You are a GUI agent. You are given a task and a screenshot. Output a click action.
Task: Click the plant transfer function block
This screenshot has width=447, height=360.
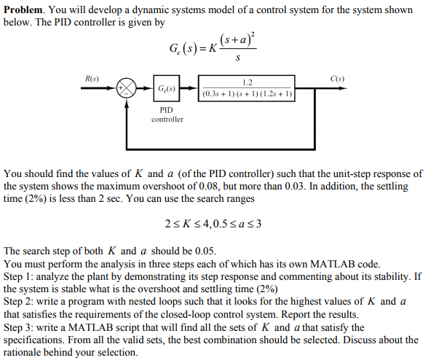tap(248, 88)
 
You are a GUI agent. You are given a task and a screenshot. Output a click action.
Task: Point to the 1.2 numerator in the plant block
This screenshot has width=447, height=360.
tap(248, 82)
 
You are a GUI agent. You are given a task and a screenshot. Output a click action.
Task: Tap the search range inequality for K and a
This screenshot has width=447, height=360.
tap(213, 222)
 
